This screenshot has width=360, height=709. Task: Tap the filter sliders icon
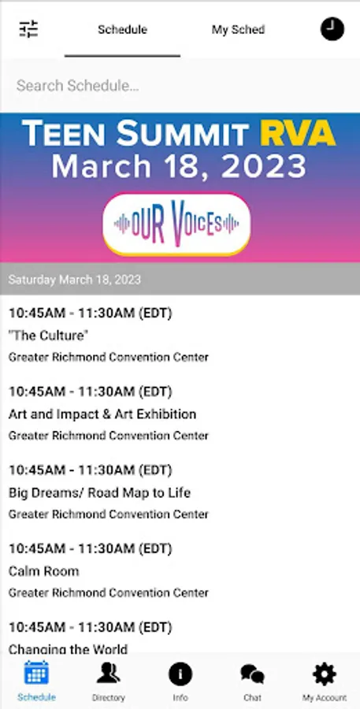(x=28, y=29)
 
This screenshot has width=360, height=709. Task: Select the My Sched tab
(x=239, y=30)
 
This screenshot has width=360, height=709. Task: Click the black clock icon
(x=332, y=29)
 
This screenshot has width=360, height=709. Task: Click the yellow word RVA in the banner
(x=298, y=133)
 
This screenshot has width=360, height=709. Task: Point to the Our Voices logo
(x=176, y=224)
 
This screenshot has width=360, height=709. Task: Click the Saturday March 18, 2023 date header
(x=75, y=280)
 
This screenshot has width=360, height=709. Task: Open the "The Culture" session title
(x=48, y=336)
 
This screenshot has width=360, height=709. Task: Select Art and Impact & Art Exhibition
(x=102, y=414)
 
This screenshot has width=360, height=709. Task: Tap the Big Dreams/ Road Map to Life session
(x=99, y=492)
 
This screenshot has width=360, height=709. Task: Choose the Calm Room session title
(x=44, y=571)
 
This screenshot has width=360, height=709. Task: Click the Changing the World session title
(x=68, y=649)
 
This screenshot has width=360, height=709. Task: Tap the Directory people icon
(x=108, y=674)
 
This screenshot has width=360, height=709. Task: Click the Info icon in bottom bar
(x=180, y=674)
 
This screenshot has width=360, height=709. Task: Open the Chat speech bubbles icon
(x=252, y=674)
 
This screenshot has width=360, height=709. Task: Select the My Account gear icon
(x=325, y=674)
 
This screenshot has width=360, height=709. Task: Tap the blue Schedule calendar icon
(x=36, y=674)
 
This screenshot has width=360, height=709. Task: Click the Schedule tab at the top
(x=123, y=30)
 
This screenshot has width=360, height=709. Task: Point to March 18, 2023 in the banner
(x=179, y=166)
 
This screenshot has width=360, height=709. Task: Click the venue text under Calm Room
(x=109, y=592)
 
